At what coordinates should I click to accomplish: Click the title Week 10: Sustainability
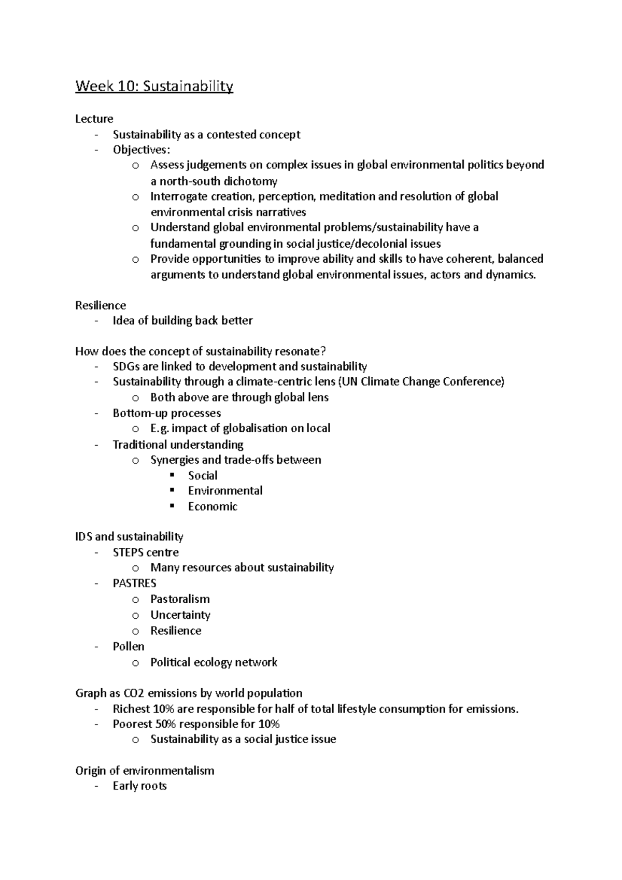coord(154,86)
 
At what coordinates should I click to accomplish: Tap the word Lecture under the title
coord(94,119)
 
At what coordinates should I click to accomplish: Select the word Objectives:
coord(141,150)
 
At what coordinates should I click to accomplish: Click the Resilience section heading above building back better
coord(101,305)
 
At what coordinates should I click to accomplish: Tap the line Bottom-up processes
coord(166,413)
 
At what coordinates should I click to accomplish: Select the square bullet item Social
coord(203,475)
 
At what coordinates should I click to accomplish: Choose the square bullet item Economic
coord(213,506)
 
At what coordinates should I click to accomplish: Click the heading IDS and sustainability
coord(129,536)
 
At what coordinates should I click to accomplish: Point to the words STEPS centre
coord(146,552)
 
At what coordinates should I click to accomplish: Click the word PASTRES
coord(134,583)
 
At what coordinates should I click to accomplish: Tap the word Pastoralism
coord(180,599)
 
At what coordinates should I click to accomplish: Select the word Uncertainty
coord(180,615)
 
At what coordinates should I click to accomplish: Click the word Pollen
coord(129,646)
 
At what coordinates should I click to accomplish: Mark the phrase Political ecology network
coord(214,662)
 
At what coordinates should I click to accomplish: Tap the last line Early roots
coord(139,786)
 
